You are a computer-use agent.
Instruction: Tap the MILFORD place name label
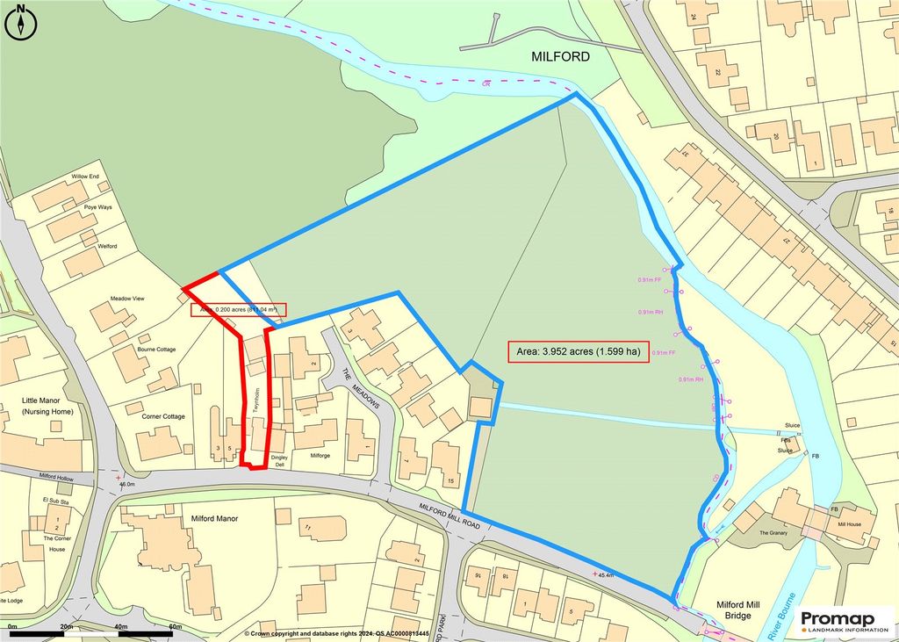tap(561, 57)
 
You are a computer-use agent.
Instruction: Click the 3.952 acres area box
tap(578, 351)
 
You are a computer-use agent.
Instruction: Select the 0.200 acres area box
tap(239, 309)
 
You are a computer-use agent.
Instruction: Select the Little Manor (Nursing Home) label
tap(47, 406)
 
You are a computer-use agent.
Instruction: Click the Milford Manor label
tap(215, 519)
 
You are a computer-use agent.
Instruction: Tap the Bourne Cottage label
tap(156, 350)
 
